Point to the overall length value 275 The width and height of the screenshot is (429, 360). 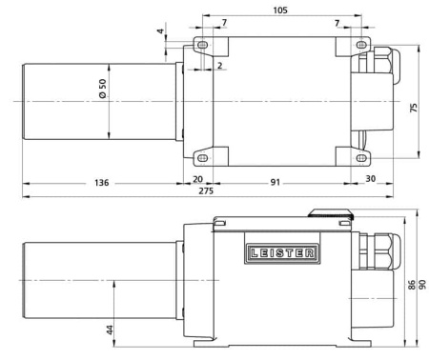point(205,192)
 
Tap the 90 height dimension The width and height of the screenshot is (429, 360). point(421,287)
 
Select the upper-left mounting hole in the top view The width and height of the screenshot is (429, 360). point(202,47)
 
